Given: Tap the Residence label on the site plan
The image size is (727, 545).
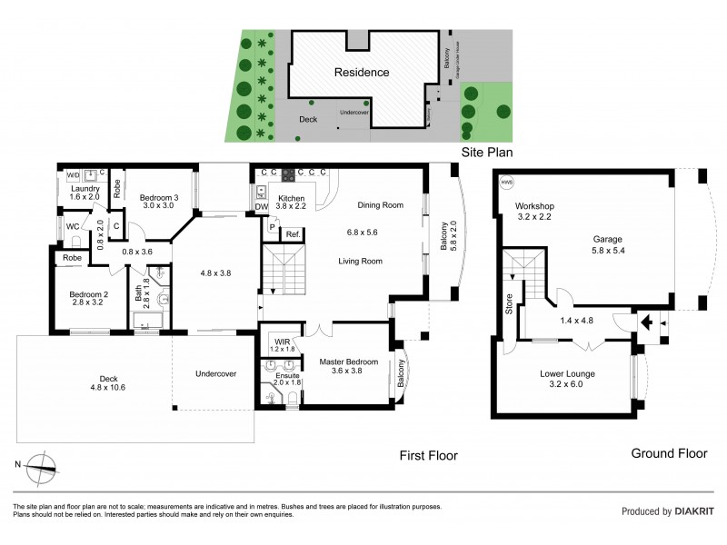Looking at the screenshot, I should click(x=361, y=72).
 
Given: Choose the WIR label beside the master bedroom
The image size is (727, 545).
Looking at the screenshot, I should click(x=281, y=342).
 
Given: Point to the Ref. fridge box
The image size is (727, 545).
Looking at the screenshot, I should click(x=293, y=235).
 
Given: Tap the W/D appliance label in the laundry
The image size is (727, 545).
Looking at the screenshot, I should click(x=74, y=175).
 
